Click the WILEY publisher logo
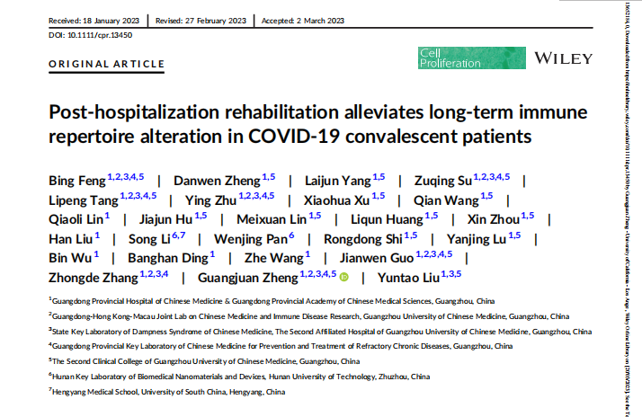pyautogui.click(x=564, y=58)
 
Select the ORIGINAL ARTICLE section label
pyautogui.click(x=107, y=64)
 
